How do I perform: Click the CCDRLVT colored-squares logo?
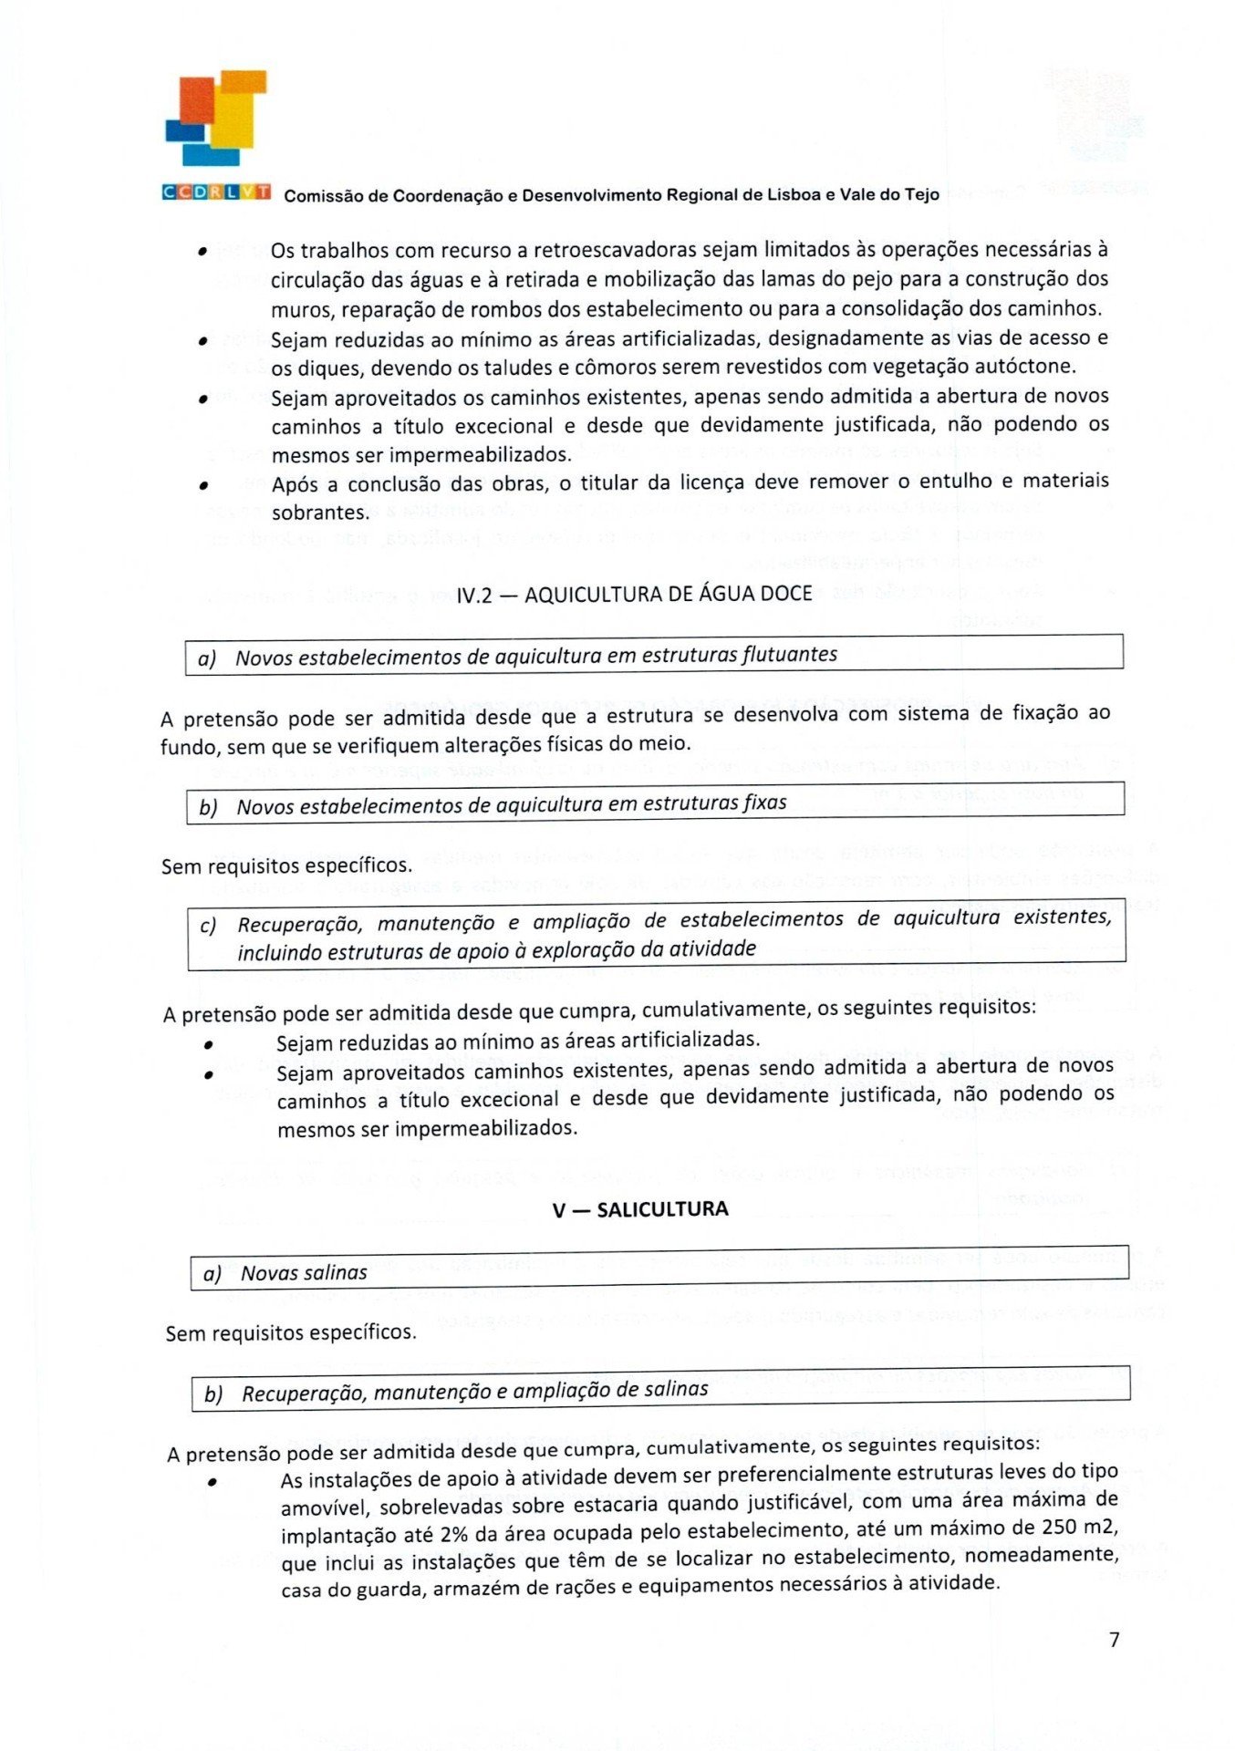click(x=216, y=119)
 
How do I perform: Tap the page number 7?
click(x=1114, y=1640)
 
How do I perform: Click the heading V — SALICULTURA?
click(x=640, y=1209)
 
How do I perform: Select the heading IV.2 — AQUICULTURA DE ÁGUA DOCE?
click(x=634, y=595)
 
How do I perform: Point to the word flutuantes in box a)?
click(x=790, y=654)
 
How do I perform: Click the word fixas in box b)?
click(x=764, y=803)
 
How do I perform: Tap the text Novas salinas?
click(x=304, y=1272)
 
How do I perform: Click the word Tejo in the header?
click(x=923, y=194)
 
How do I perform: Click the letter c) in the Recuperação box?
click(x=208, y=926)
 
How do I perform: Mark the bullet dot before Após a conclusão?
click(x=204, y=486)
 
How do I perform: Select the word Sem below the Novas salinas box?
click(x=183, y=1333)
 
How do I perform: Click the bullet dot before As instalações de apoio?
click(x=212, y=1483)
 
